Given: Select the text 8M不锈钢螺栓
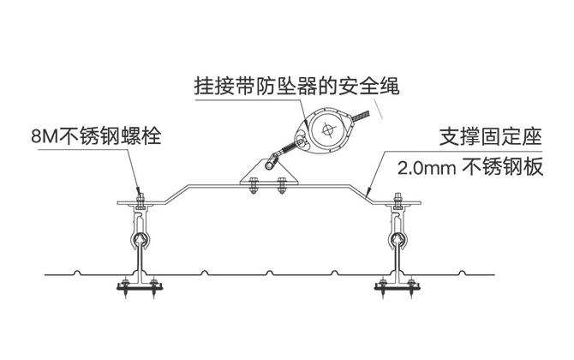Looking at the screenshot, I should pyautogui.click(x=95, y=135).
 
